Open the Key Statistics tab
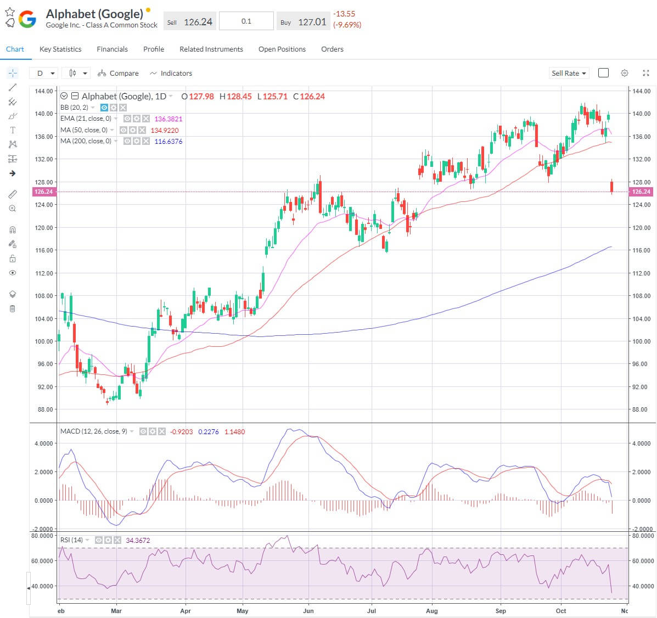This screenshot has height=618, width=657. tap(60, 49)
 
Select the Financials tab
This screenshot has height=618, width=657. tap(112, 49)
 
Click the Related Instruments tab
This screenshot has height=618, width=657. tap(211, 49)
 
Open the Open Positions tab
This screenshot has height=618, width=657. tap(282, 49)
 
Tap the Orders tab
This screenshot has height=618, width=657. tap(332, 49)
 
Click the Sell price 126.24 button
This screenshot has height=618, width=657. tap(190, 22)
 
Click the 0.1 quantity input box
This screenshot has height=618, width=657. tap(246, 21)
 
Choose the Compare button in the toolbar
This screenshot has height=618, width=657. tap(118, 73)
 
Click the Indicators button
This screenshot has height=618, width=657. tap(171, 73)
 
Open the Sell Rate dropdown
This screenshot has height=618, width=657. tap(569, 73)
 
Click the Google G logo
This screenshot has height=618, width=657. tap(27, 20)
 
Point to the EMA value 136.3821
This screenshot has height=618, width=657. tap(169, 119)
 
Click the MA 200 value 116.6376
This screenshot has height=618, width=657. tap(169, 141)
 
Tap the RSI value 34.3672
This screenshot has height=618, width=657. tap(138, 540)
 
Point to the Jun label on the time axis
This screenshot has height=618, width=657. tap(308, 610)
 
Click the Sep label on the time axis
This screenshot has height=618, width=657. tap(501, 610)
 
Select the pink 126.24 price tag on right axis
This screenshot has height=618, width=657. tap(641, 192)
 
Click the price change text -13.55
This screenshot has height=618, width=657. tap(344, 14)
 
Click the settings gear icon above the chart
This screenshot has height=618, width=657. tap(624, 73)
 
